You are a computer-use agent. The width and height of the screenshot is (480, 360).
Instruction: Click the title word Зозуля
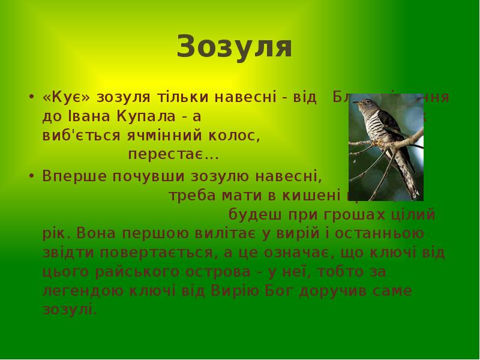235,47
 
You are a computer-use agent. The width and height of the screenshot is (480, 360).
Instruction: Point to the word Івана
82,116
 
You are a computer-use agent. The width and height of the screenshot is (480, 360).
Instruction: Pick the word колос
239,136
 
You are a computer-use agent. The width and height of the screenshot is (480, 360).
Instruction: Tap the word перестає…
173,155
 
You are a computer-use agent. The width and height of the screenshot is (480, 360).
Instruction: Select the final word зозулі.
70,310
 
